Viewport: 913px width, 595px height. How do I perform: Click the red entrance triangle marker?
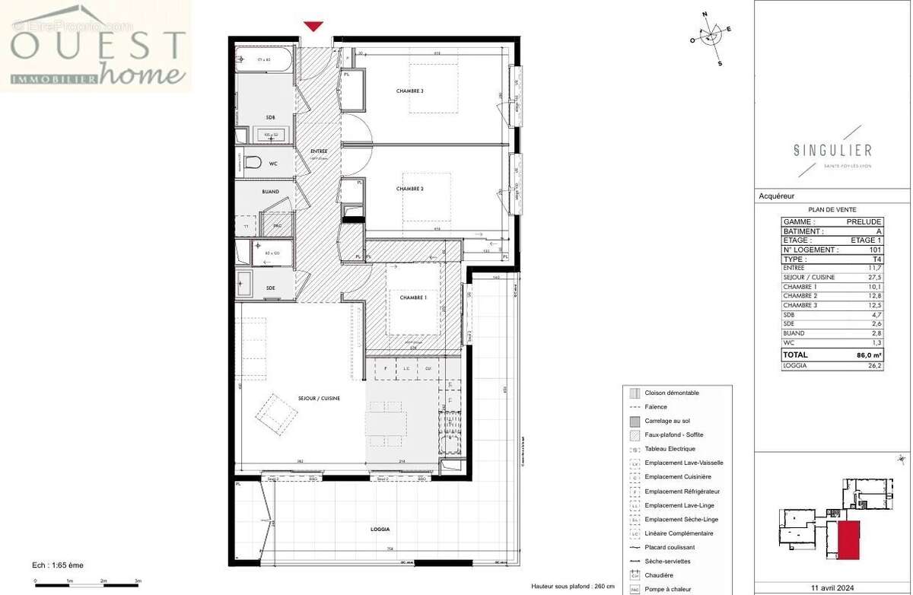click(x=313, y=27)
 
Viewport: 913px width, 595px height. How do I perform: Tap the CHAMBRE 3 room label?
click(x=409, y=91)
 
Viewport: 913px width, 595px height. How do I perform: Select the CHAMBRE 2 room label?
click(x=409, y=189)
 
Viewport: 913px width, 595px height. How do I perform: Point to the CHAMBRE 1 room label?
click(x=412, y=297)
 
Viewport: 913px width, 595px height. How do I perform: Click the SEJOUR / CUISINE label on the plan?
click(x=319, y=398)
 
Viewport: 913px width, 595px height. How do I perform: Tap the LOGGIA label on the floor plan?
click(x=380, y=529)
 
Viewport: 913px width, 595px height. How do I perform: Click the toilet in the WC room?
click(x=253, y=163)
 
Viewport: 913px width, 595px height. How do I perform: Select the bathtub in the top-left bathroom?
click(x=262, y=59)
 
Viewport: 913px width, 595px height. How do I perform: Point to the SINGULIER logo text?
click(x=832, y=151)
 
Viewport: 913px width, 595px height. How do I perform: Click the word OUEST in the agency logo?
click(x=98, y=46)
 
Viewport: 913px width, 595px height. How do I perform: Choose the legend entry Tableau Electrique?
click(x=669, y=449)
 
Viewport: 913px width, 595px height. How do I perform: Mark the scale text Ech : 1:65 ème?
click(x=58, y=565)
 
